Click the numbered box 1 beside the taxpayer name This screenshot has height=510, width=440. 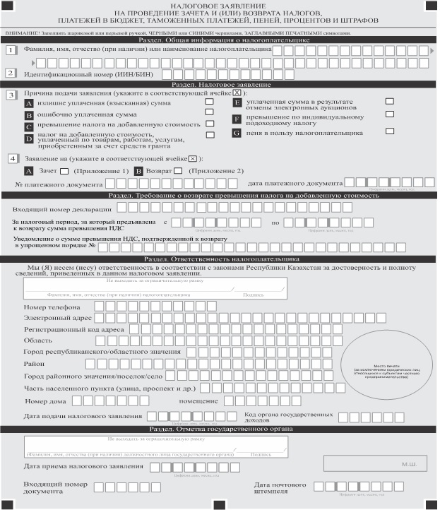[11, 51]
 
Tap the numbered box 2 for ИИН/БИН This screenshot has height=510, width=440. [11, 73]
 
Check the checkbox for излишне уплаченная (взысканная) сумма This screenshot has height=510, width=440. [209, 102]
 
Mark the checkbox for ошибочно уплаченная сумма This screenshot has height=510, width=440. [209, 113]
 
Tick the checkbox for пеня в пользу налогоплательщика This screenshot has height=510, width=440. [390, 131]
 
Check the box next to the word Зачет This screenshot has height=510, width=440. [64, 170]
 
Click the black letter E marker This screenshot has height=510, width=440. [237, 103]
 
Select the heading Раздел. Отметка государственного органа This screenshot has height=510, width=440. [219, 429]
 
